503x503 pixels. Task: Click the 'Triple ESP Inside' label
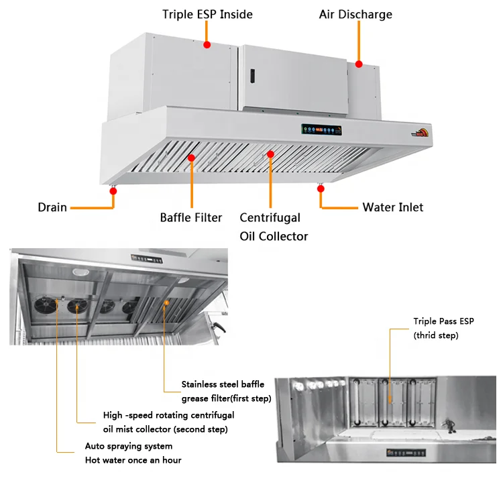[x=207, y=14]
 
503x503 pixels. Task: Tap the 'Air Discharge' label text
[x=355, y=14]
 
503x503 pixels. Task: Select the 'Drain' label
[x=52, y=207]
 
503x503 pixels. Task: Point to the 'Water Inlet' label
[x=393, y=207]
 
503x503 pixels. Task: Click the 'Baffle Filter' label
[x=191, y=217]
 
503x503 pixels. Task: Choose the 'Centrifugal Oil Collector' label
[x=274, y=227]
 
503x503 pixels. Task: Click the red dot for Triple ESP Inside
[x=207, y=45]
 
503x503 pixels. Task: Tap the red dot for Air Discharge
[x=359, y=64]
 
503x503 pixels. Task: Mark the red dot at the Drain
[x=113, y=191]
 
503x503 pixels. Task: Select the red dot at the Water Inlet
[x=321, y=190]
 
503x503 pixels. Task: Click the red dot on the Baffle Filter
[x=191, y=158]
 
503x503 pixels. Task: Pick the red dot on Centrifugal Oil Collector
[x=270, y=154]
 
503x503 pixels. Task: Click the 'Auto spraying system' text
[x=128, y=446]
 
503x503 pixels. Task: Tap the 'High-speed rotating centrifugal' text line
[x=168, y=415]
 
